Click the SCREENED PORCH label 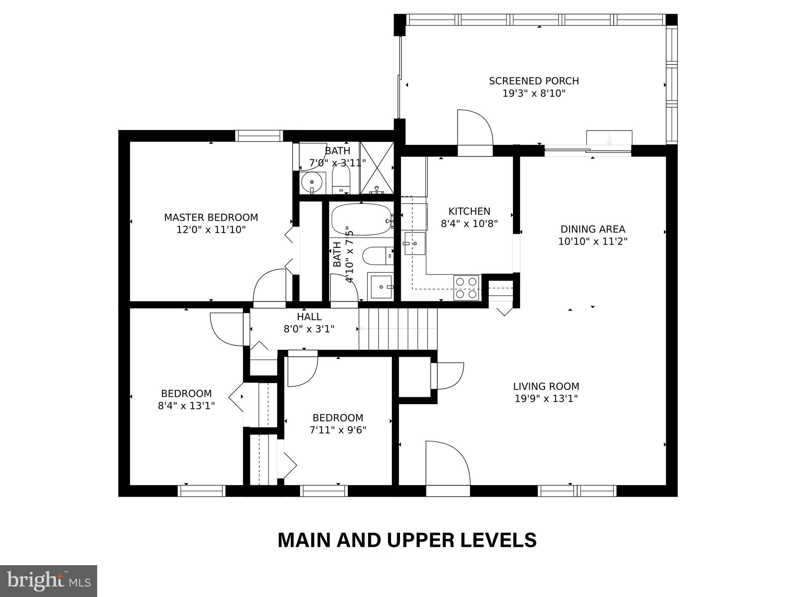click(534, 81)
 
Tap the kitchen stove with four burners click(467, 287)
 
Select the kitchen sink click(415, 243)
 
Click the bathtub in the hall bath click(361, 219)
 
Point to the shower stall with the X click(377, 168)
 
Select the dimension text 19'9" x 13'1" click(546, 399)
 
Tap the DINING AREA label click(593, 229)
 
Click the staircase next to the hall click(398, 329)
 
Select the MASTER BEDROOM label click(211, 217)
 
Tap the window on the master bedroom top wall click(259, 136)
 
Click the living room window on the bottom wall click(577, 491)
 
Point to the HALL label click(309, 317)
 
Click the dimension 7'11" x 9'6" click(338, 430)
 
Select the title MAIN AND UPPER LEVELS click(407, 540)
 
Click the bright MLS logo click(49, 581)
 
